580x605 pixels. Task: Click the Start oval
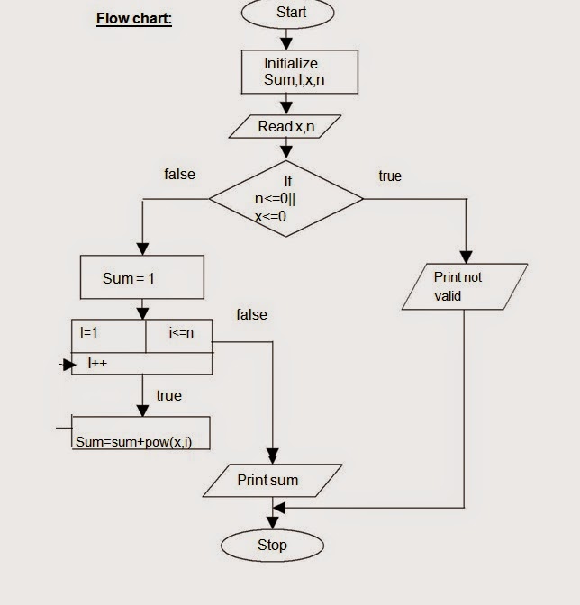tap(287, 14)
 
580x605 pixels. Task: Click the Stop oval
tap(272, 545)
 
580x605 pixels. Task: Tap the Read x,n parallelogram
tap(286, 127)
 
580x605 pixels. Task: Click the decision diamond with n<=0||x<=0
tap(286, 199)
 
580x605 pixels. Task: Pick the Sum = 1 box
tap(141, 277)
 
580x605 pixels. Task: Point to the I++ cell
tap(142, 364)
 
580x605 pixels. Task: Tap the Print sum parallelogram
tap(272, 480)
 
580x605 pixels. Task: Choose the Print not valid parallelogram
tap(464, 287)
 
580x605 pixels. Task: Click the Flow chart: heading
tap(133, 19)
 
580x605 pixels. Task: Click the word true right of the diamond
tap(390, 176)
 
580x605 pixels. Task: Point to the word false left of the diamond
tap(179, 175)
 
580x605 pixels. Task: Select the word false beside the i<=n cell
tap(251, 314)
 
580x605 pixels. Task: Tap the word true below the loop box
tap(168, 395)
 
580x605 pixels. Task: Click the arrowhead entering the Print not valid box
tap(467, 257)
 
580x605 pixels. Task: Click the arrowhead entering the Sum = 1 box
tap(142, 249)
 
